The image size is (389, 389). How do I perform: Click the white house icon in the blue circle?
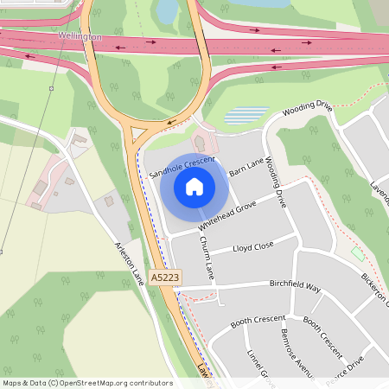194,186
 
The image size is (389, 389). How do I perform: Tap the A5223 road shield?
165,277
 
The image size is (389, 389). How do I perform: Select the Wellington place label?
80,37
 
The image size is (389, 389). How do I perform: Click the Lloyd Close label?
252,247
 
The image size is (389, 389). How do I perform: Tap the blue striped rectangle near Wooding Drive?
246,115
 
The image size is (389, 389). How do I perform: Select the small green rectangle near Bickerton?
357,254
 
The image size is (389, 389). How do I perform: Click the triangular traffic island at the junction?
137,134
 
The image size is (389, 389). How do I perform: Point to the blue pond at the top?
167,10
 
